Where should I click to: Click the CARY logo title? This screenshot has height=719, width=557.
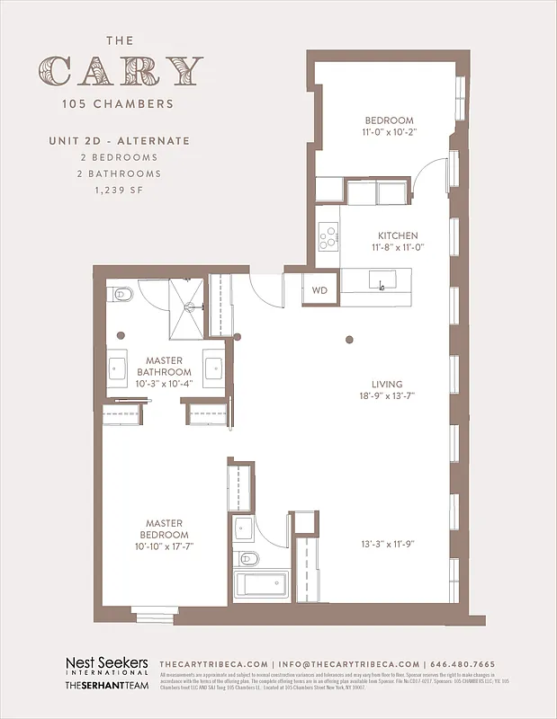[121, 70]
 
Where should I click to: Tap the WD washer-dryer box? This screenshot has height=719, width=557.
[320, 290]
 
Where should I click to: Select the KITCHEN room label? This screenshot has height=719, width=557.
[397, 235]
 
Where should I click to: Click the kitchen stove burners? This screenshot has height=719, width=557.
[328, 236]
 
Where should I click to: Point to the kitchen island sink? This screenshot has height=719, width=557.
[382, 284]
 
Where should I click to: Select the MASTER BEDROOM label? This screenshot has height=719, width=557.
[164, 529]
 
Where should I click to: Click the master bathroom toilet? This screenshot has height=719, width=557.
[123, 296]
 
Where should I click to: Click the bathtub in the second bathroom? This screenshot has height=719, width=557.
[262, 585]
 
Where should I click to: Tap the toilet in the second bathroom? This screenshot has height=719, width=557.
[249, 559]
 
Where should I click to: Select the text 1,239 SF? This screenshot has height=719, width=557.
[120, 191]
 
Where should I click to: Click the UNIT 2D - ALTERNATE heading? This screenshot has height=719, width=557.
[120, 141]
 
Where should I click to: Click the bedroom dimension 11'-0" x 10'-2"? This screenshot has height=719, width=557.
[389, 131]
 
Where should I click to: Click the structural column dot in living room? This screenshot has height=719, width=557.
[350, 340]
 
